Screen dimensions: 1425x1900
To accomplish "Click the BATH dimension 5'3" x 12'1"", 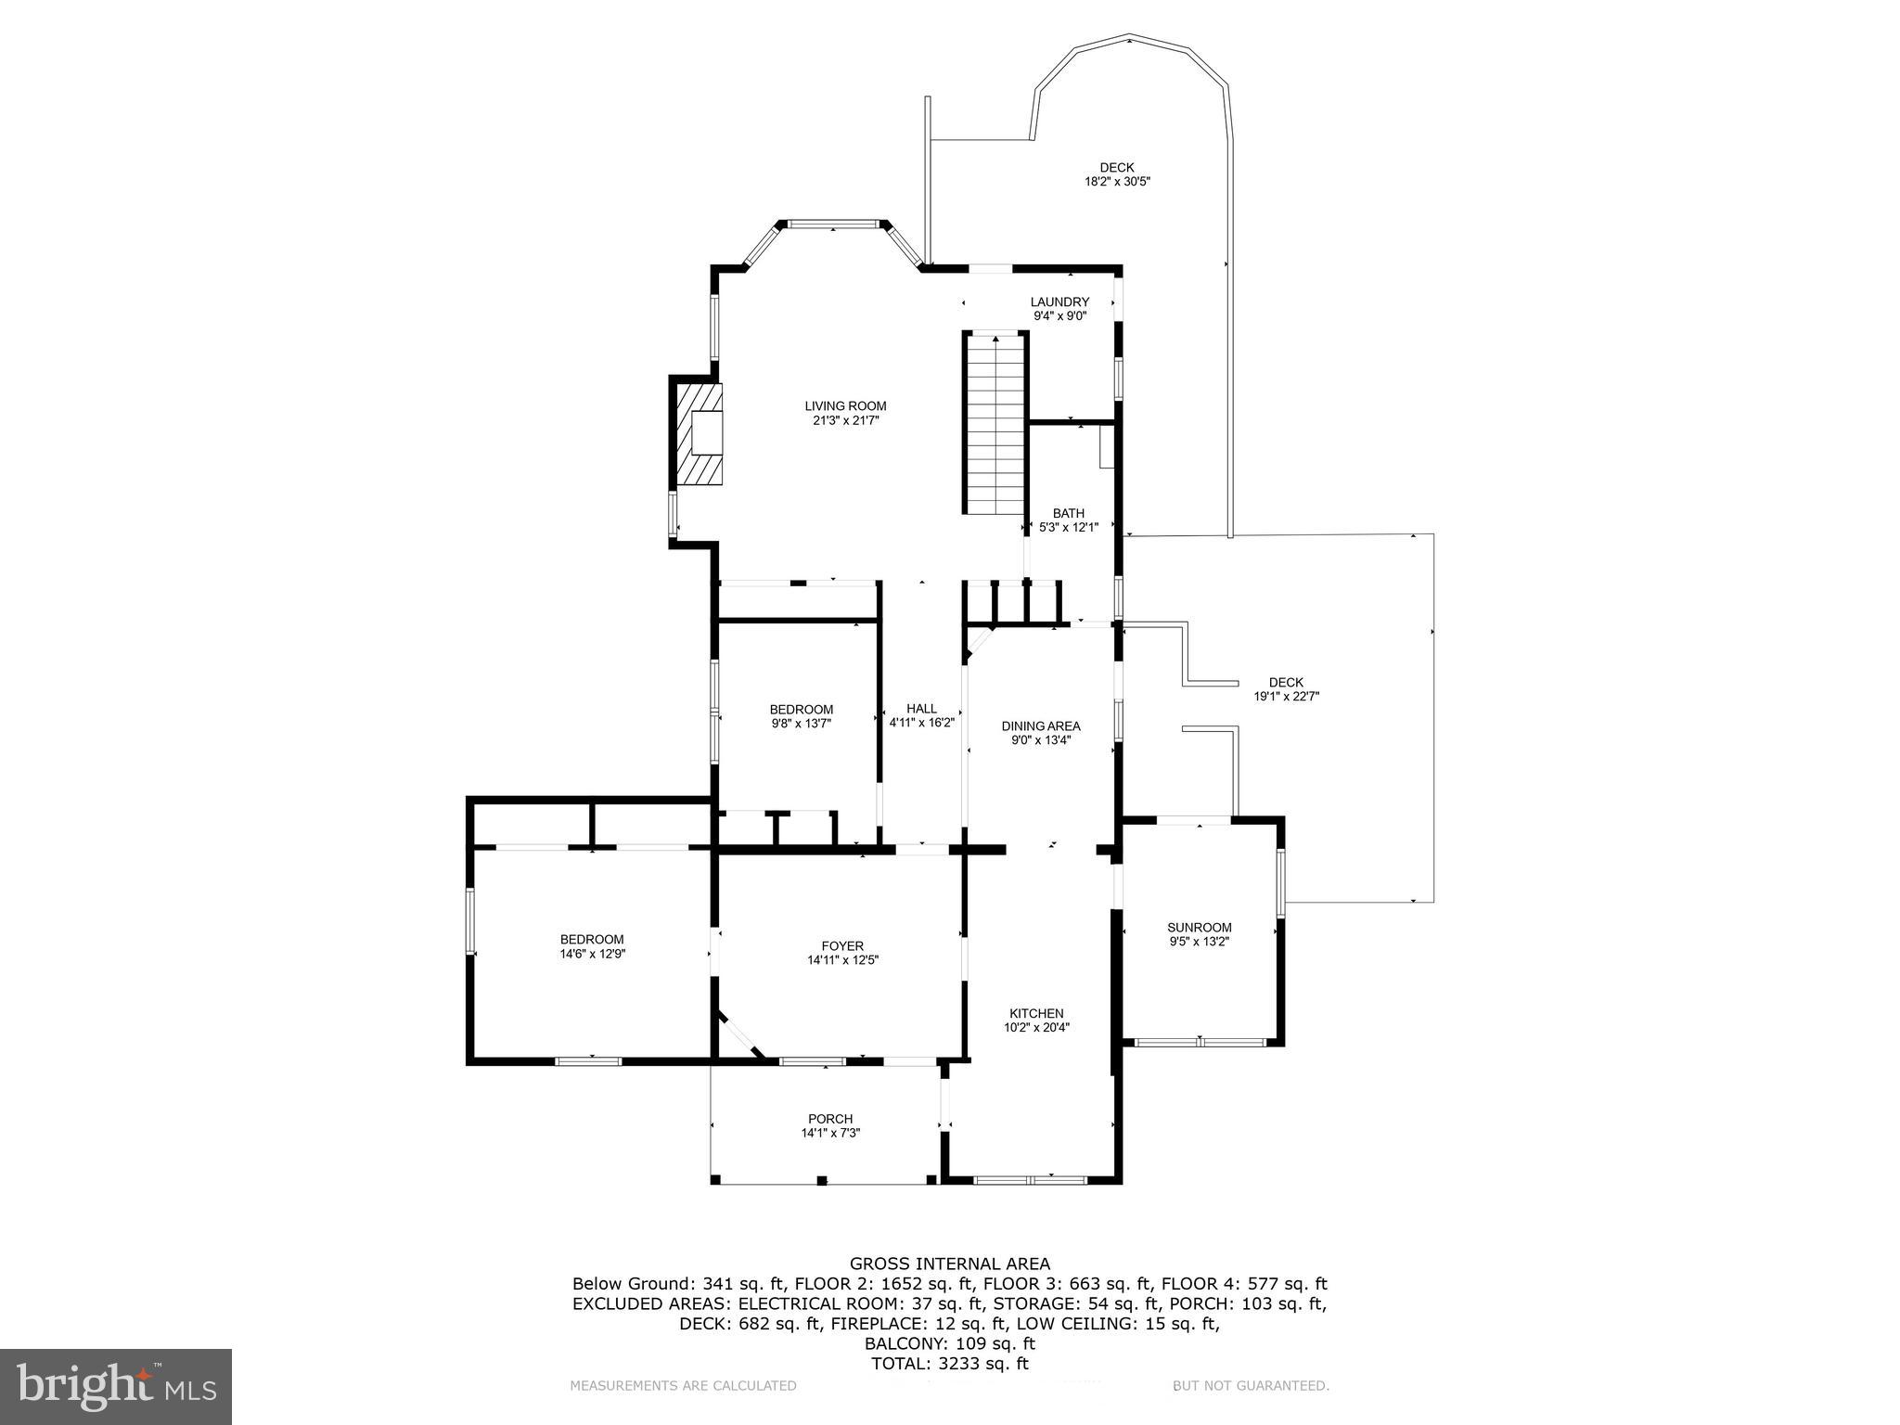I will coord(1069,527).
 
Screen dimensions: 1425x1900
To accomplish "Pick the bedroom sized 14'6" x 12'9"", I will coord(592,946).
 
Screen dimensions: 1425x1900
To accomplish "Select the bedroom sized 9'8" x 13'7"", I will coord(801,716).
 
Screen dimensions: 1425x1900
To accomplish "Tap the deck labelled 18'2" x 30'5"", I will coord(1117,174).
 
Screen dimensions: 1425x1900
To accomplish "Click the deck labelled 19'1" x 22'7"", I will coord(1286,688).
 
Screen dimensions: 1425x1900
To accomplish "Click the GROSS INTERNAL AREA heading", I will coord(950,1264).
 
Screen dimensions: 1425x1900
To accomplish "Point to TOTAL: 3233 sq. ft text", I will coord(950,1364).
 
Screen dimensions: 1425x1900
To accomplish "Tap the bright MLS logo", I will coord(116,1387).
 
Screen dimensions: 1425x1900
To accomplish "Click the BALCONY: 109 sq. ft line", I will coord(950,1343).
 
